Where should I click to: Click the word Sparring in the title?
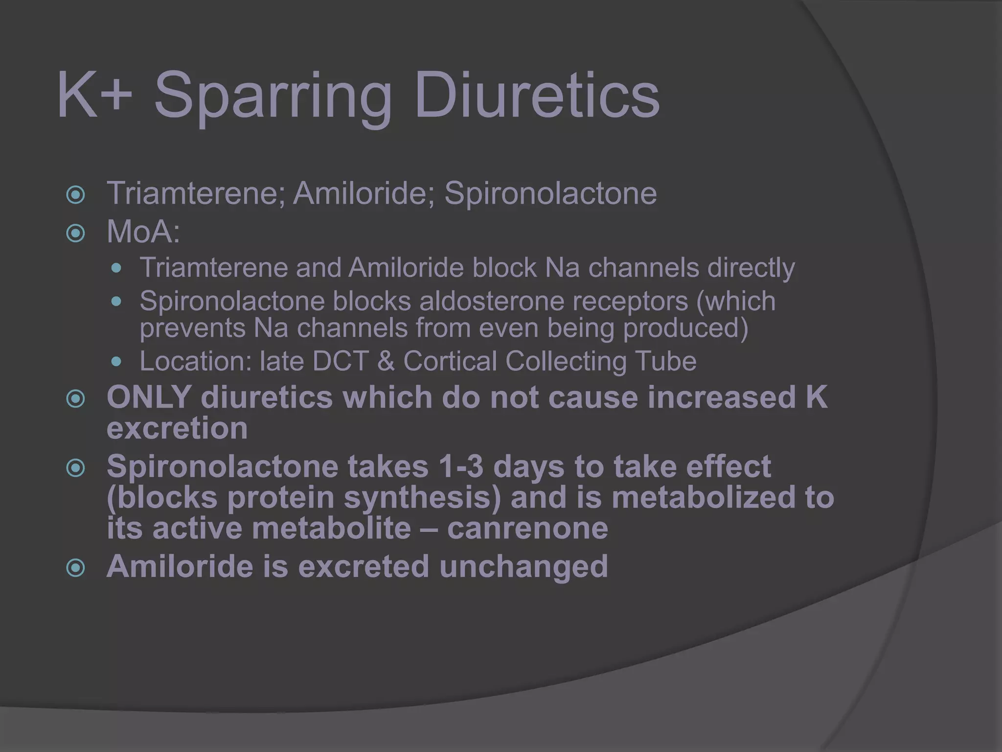coord(273,95)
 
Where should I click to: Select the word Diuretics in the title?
coord(537,95)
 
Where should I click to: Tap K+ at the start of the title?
coord(95,95)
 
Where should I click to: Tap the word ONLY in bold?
coord(149,397)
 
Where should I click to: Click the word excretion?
coord(177,428)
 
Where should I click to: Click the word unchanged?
coord(524,566)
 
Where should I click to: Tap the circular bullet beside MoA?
coord(76,233)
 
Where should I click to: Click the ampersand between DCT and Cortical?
coord(386,361)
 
